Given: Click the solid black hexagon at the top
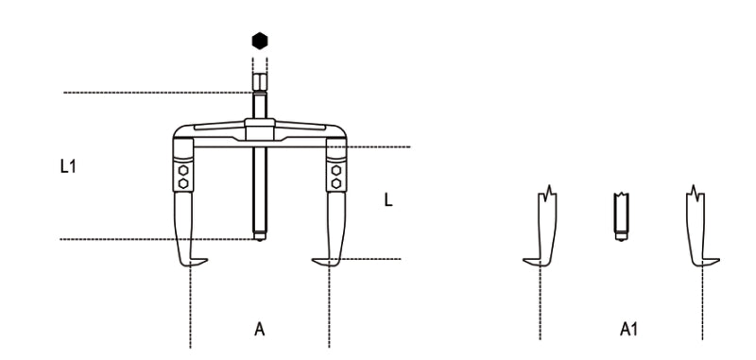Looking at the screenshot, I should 260,42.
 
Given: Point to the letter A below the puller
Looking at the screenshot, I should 259,331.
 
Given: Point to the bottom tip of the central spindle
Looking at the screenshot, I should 260,236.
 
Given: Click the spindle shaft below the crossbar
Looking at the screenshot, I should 260,189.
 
